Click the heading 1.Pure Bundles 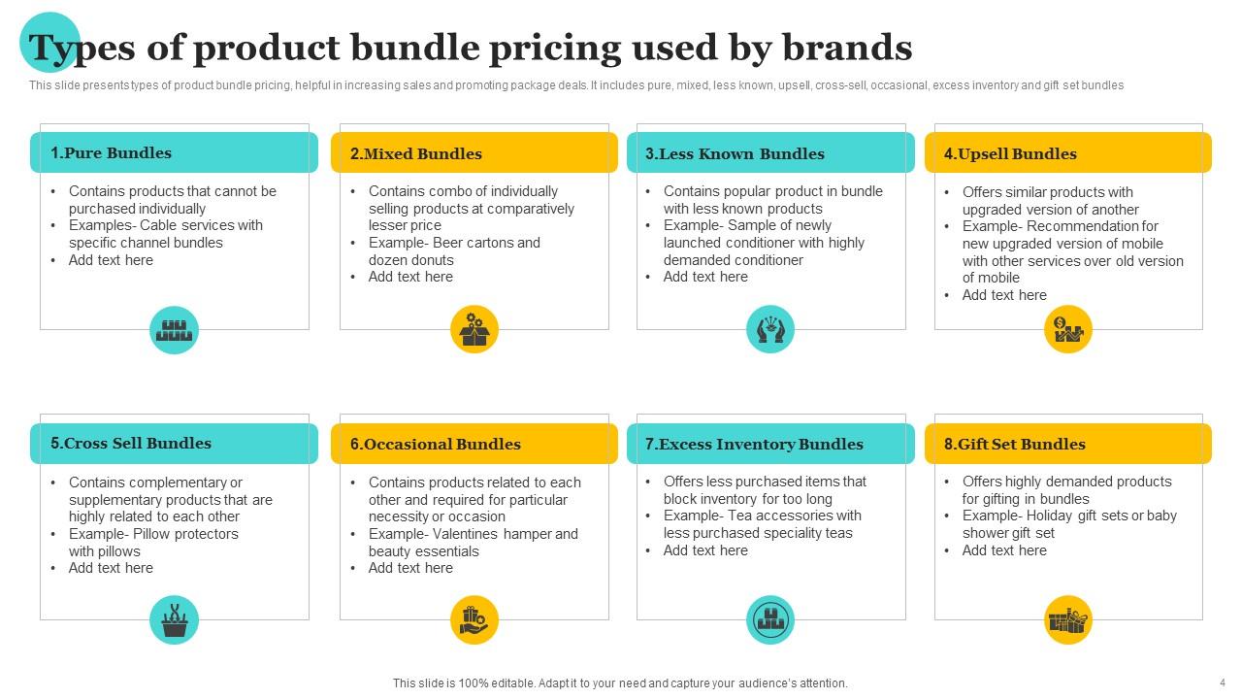[x=111, y=153]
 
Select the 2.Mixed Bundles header [x=416, y=153]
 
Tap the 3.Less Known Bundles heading [x=735, y=153]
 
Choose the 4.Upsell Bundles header [x=1010, y=153]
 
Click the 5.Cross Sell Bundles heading [x=131, y=444]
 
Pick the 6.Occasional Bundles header [x=436, y=445]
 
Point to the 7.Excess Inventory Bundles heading [x=754, y=445]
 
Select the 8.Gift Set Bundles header [x=1015, y=445]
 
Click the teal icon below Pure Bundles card [x=175, y=330]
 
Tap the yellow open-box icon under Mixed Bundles [x=474, y=330]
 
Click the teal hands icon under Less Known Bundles [x=770, y=330]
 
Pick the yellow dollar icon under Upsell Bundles [x=1068, y=330]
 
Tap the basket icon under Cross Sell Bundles [x=175, y=620]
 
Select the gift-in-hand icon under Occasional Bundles [x=474, y=620]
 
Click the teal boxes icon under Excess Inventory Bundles [x=770, y=620]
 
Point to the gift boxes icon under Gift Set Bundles [x=1068, y=620]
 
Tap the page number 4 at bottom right [x=1222, y=682]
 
